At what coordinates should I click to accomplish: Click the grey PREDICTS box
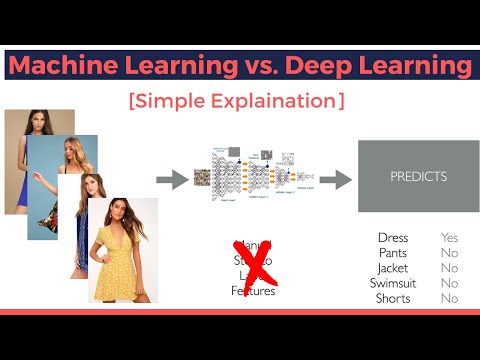tap(418, 177)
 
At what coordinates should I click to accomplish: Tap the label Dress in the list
tap(392, 238)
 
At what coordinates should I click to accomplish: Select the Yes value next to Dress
tap(450, 238)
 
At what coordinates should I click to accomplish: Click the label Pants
tap(392, 253)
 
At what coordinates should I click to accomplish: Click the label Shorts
tap(392, 298)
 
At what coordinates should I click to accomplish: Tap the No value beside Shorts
tap(450, 298)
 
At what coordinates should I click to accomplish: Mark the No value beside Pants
tap(450, 253)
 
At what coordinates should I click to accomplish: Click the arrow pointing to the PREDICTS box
tap(335, 180)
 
